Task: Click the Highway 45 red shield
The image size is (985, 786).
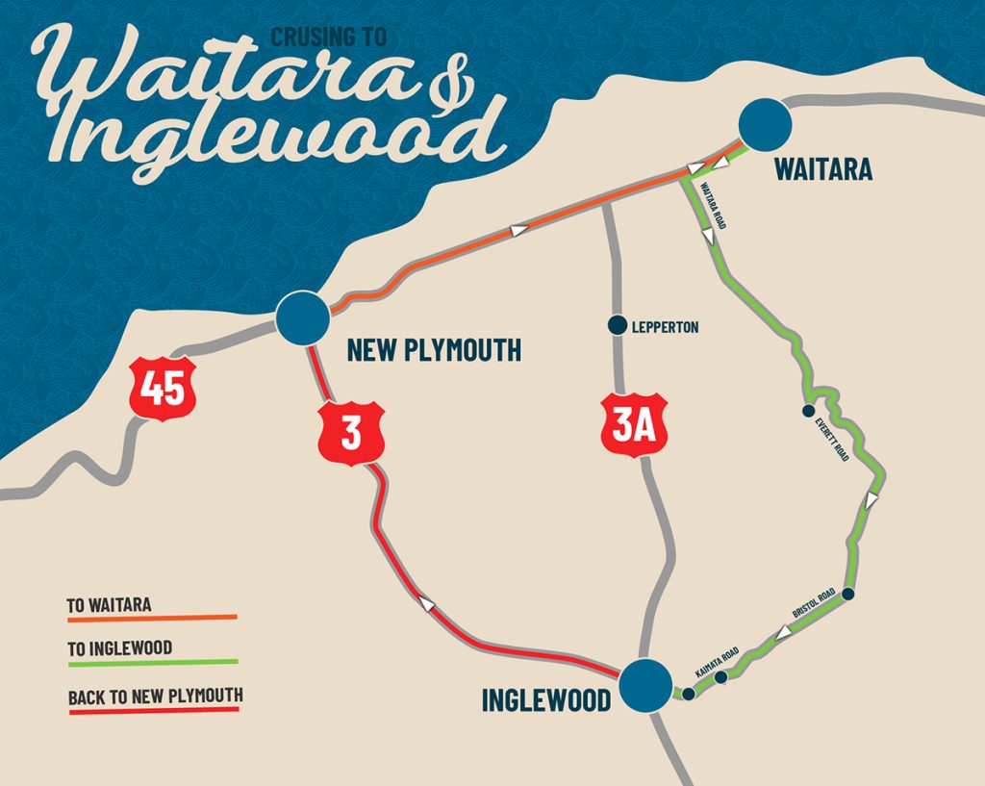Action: (164, 389)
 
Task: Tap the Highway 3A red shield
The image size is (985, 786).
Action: (634, 423)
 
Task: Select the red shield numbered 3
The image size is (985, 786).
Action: (351, 433)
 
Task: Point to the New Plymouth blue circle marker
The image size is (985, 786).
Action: (301, 317)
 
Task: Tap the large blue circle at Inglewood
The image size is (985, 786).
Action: (645, 684)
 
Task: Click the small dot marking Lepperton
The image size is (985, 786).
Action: (617, 326)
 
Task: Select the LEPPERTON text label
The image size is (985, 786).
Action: (666, 327)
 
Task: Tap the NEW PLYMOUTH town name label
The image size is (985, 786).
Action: (434, 350)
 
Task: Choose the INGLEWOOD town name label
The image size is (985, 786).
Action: (545, 699)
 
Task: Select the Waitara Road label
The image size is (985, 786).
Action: (715, 205)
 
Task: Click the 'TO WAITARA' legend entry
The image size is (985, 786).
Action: (109, 605)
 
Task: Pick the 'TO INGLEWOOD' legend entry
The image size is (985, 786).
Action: (119, 648)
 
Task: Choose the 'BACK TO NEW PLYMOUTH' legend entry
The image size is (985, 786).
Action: (155, 696)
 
